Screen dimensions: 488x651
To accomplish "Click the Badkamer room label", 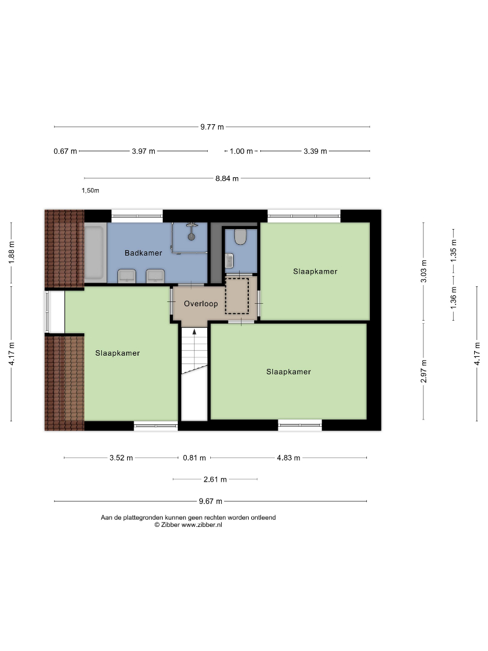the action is point(143,253).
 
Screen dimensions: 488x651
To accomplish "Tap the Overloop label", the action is point(201,304).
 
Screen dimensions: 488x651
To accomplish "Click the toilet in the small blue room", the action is point(240,237).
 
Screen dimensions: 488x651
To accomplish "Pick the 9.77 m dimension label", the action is point(212,127).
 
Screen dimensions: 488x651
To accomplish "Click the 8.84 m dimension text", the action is point(227,178).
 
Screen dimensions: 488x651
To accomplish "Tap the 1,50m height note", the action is point(90,191).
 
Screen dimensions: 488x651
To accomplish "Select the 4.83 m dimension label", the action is point(289,458).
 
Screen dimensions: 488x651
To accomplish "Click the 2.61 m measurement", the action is point(215,480).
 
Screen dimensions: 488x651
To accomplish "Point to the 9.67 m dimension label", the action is point(210,502).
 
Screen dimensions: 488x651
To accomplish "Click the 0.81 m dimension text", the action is point(194,458).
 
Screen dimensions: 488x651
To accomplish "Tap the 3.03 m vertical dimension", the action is point(424,271).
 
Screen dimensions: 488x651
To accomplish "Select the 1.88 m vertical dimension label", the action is point(11,251).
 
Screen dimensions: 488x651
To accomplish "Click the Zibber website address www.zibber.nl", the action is point(202,525).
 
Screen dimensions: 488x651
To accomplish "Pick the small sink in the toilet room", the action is point(230,261).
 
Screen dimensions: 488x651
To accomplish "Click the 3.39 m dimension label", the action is point(315,151).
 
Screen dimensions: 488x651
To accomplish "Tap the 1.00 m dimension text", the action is point(241,151).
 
